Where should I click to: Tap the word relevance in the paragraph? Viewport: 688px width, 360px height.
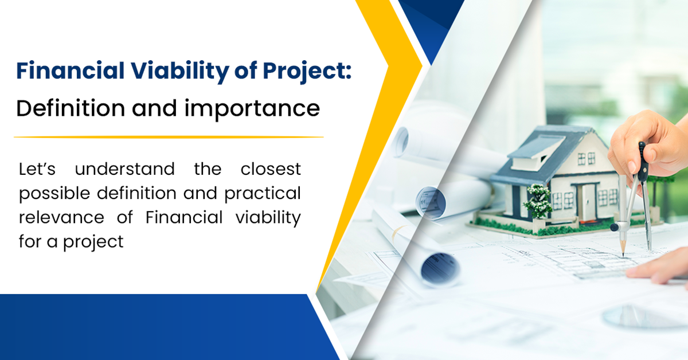(x=57, y=218)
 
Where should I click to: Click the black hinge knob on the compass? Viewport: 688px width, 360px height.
(x=615, y=228)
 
